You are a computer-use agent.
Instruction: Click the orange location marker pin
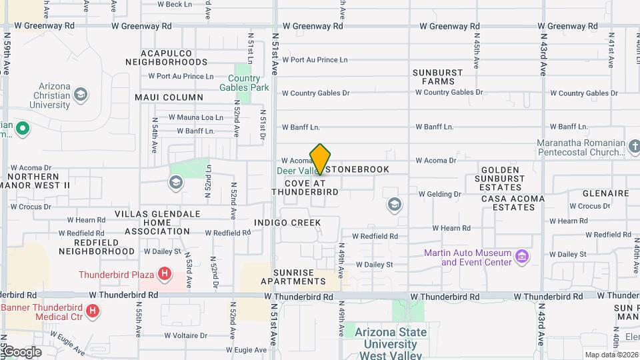(x=320, y=160)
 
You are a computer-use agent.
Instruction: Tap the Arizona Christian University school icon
(x=81, y=94)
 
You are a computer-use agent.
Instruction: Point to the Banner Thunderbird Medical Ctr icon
(x=93, y=311)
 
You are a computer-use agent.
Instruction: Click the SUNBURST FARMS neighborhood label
(x=433, y=77)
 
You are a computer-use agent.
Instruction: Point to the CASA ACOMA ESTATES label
(x=512, y=203)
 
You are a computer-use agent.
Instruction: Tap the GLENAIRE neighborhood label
(x=605, y=193)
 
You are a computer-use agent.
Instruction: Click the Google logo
(x=21, y=351)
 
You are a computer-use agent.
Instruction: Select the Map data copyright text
(x=611, y=355)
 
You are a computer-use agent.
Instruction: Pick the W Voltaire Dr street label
(x=173, y=335)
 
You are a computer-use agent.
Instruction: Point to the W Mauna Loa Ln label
(x=195, y=117)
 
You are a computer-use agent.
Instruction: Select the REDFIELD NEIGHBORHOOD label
(x=96, y=247)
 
